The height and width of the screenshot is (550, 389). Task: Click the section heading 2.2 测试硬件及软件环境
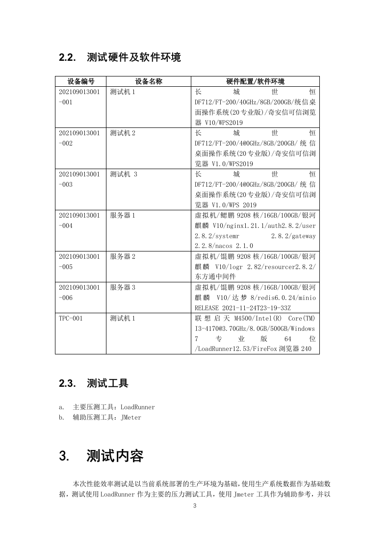[x=120, y=58]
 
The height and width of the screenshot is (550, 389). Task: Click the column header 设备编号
[x=81, y=81]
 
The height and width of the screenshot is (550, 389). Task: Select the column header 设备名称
[x=149, y=81]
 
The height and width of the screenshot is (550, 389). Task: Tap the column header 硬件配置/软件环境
[x=255, y=81]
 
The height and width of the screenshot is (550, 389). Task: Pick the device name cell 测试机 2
[x=123, y=133]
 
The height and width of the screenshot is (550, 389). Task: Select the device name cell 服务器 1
[x=123, y=215]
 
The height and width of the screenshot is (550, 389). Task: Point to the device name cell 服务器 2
[x=123, y=256]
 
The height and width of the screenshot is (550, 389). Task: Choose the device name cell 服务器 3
[x=123, y=287]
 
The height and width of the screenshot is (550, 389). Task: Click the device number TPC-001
[x=71, y=318]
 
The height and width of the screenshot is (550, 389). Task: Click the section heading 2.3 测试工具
[x=93, y=383]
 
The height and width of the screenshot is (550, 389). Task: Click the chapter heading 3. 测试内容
[x=101, y=456]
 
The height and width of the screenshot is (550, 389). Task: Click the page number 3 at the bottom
[x=195, y=506]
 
